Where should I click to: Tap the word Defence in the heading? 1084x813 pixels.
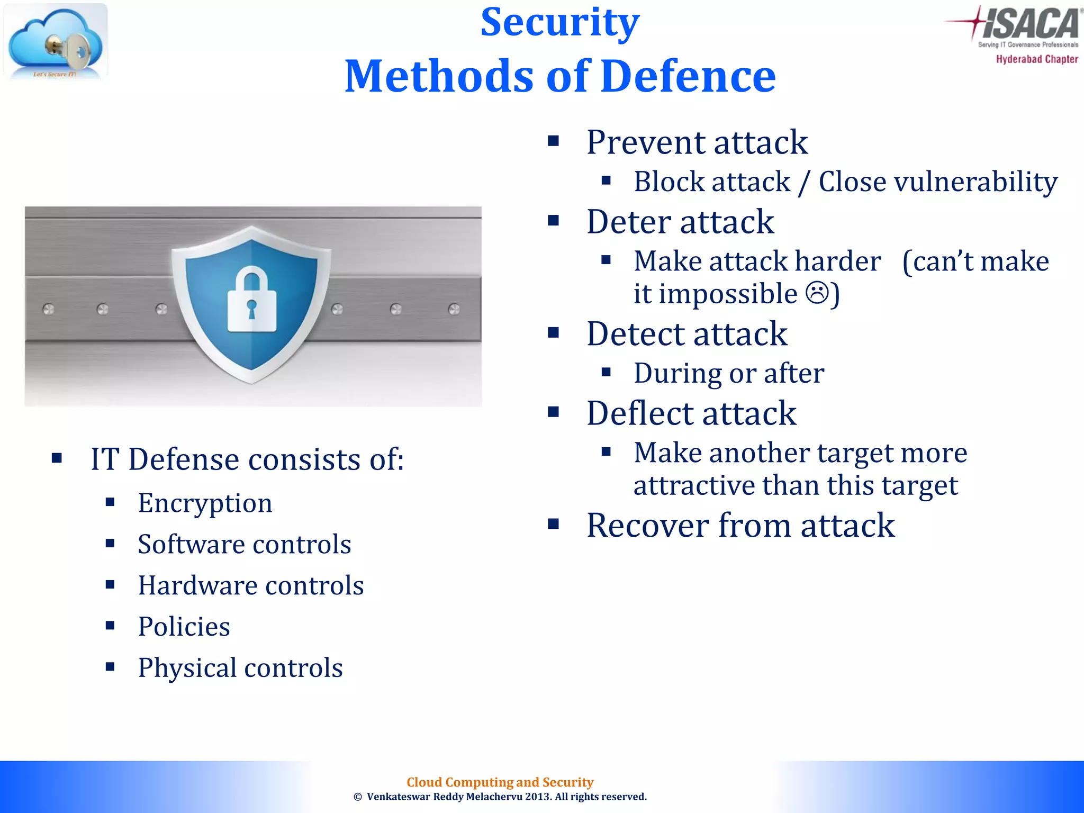[688, 77]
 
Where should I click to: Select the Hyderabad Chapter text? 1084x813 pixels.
[1036, 59]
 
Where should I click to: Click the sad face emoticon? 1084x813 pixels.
[817, 293]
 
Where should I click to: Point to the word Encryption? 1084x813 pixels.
[205, 503]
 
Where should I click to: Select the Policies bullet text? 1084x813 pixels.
[184, 627]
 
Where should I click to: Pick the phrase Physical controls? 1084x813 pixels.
[240, 668]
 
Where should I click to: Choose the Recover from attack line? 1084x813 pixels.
[740, 526]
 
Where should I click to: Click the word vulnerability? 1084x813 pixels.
[975, 182]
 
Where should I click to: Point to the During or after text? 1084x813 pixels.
[729, 374]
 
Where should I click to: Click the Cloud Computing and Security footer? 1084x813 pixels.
[500, 782]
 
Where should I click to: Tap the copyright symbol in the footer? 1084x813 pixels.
[358, 797]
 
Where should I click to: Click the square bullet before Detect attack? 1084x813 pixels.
[554, 333]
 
